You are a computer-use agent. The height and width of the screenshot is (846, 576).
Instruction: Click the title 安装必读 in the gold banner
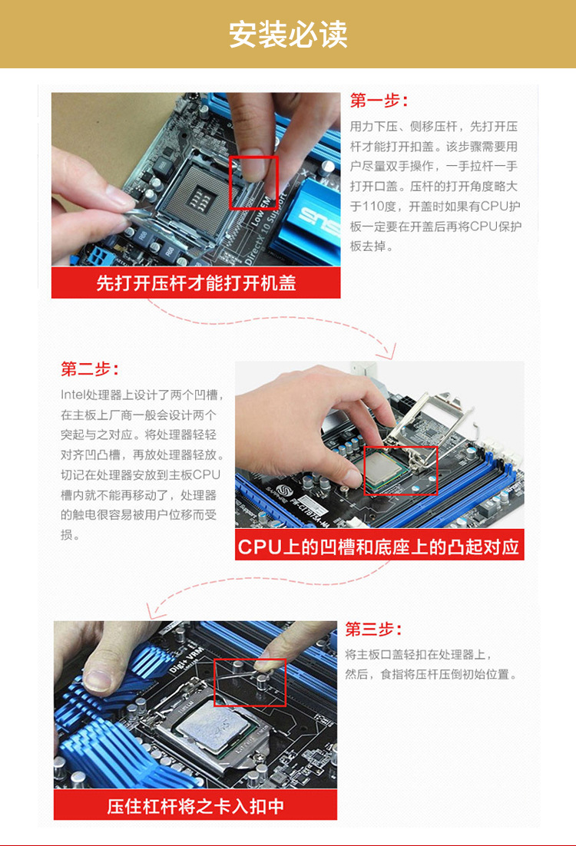pos(288,35)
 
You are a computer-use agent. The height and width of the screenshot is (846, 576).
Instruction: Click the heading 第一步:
pos(379,101)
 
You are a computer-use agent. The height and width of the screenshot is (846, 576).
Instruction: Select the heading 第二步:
pos(90,369)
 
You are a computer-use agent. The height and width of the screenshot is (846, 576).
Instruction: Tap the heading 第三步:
pos(373,629)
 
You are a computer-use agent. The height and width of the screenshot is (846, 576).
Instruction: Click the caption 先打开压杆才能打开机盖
pos(196,283)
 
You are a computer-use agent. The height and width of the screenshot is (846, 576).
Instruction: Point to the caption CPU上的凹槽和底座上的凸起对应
pos(379,547)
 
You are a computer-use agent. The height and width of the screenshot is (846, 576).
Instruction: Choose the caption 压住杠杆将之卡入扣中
pos(195,806)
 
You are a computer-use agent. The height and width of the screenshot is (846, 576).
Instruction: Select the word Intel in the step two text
pos(73,395)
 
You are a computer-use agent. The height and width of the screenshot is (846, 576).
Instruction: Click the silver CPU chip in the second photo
pos(387,470)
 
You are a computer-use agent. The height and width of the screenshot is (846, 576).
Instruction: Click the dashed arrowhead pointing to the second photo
pos(388,352)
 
